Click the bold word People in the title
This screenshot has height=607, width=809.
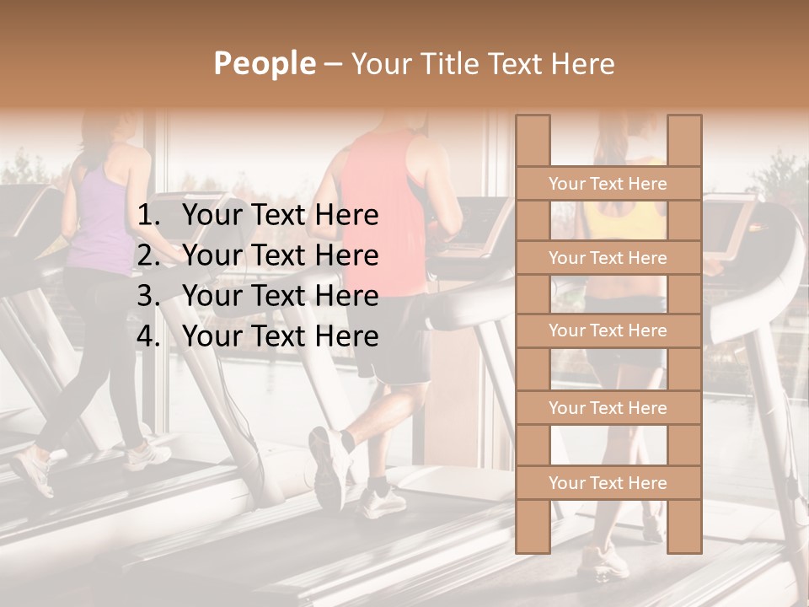(264, 63)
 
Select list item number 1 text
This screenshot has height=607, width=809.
(280, 215)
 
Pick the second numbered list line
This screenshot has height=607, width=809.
(280, 255)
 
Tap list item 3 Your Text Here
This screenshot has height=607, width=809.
(280, 296)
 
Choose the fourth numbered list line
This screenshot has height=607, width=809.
(280, 336)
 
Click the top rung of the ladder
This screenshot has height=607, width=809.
(608, 184)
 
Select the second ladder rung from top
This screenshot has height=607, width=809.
(608, 258)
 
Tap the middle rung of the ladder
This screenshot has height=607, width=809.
(608, 331)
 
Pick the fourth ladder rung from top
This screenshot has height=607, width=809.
(608, 408)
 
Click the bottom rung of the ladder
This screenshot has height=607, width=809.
(608, 483)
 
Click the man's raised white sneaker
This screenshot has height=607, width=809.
(329, 464)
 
